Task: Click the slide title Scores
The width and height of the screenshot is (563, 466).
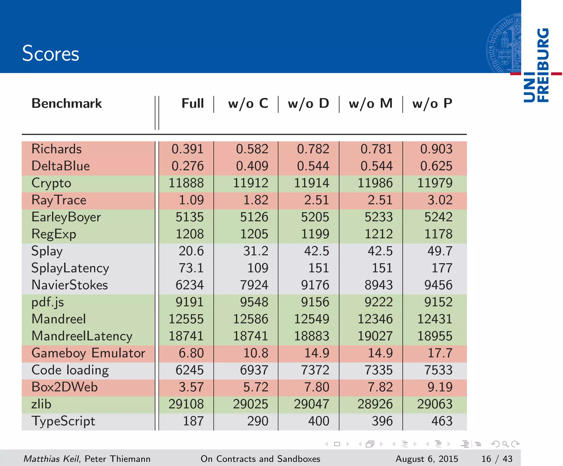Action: [x=51, y=53]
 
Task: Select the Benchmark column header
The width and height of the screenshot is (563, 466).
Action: [x=67, y=104]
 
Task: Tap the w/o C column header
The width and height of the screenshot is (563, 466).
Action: [x=248, y=104]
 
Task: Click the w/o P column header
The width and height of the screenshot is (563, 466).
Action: [x=432, y=104]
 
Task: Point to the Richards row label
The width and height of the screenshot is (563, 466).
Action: [x=56, y=149]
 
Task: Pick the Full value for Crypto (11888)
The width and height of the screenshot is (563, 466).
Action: [x=186, y=183]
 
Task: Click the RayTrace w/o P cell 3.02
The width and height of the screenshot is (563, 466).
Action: [x=440, y=200]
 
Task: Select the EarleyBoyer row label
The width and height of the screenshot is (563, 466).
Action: [x=66, y=217]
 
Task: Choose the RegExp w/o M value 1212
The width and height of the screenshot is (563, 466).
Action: [x=379, y=234]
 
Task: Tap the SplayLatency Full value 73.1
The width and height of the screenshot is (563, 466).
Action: [x=191, y=268]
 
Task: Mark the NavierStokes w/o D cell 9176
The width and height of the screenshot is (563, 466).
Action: [x=315, y=285]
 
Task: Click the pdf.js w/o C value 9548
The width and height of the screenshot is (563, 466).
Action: [x=254, y=302]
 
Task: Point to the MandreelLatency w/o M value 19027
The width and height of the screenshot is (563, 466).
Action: [x=375, y=336]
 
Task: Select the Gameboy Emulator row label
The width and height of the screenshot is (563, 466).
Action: [x=88, y=353]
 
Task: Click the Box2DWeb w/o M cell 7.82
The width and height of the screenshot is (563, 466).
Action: [x=380, y=387]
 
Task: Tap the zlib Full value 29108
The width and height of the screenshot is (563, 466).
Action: [x=186, y=404]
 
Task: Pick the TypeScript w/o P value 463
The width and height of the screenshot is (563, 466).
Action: [x=442, y=421]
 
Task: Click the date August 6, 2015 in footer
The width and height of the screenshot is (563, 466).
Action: [x=427, y=459]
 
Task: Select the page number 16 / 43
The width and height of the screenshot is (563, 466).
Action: [x=497, y=459]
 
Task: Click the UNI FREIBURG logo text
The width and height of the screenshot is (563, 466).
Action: [x=536, y=65]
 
